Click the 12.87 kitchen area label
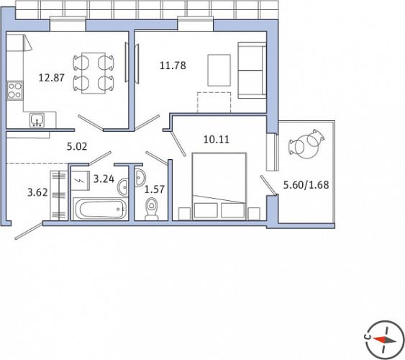[x=51, y=78]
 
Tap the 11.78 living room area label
[x=173, y=66]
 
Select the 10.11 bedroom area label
[x=217, y=140]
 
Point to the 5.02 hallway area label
[x=77, y=147]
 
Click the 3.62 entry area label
[x=37, y=192]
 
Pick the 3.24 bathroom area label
[x=104, y=179]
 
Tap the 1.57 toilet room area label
[x=155, y=189]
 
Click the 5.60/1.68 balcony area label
[x=306, y=185]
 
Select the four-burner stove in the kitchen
[x=14, y=91]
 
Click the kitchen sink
[x=37, y=120]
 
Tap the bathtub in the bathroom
[x=100, y=209]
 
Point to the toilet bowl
[x=152, y=209]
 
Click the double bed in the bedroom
[x=219, y=186]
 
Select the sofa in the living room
[x=252, y=71]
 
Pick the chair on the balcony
[x=306, y=144]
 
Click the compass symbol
[x=382, y=340]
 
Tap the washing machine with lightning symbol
[x=81, y=181]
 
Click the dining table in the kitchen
[x=94, y=73]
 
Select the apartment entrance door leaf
[x=29, y=230]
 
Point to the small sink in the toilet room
[x=140, y=178]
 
